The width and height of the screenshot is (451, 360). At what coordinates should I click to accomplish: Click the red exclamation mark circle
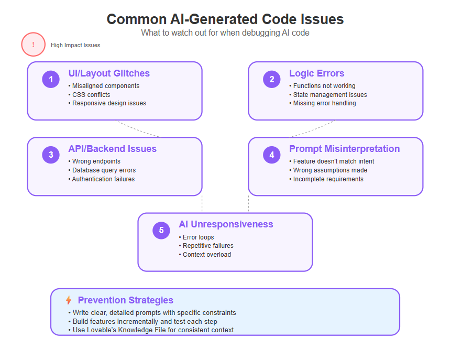click(x=34, y=45)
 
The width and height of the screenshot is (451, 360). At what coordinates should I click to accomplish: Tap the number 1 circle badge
click(x=51, y=79)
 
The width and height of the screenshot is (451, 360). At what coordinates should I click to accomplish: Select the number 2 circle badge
click(x=272, y=79)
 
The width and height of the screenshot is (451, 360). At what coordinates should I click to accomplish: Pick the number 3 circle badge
click(x=51, y=155)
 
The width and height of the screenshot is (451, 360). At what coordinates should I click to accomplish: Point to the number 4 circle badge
click(x=272, y=155)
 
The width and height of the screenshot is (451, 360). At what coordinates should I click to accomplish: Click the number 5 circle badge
click(x=161, y=230)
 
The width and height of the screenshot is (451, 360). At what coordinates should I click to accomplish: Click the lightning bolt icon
click(x=69, y=300)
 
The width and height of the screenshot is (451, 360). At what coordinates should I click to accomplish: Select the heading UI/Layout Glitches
click(x=109, y=73)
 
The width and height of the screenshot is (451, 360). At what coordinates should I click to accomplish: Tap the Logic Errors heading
click(x=317, y=73)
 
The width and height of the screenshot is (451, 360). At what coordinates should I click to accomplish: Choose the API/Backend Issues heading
click(x=113, y=149)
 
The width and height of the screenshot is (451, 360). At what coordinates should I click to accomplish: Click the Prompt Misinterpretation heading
click(x=345, y=149)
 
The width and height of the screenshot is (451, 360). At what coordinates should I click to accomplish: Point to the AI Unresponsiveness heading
click(x=226, y=224)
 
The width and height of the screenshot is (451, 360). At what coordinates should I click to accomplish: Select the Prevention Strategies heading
click(x=126, y=300)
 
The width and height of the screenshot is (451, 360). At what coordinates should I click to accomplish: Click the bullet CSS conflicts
click(x=90, y=95)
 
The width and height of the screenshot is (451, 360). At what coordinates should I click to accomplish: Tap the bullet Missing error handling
click(x=323, y=103)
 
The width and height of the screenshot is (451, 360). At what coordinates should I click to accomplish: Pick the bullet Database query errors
click(x=102, y=170)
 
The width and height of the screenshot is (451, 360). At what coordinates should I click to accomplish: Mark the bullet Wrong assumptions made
click(x=328, y=170)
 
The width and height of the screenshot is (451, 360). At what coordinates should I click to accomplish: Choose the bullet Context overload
click(x=205, y=254)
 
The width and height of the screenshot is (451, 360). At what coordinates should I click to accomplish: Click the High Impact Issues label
click(x=75, y=45)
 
